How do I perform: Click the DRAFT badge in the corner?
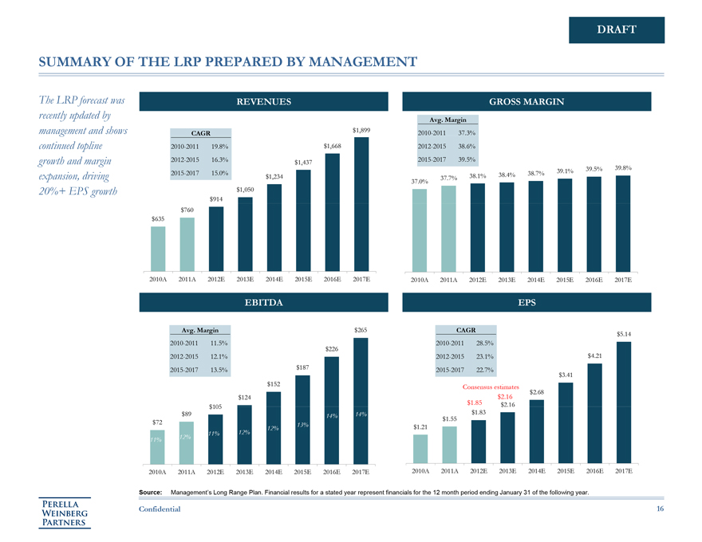pyautogui.click(x=616, y=29)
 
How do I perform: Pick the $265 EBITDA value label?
pyautogui.click(x=361, y=330)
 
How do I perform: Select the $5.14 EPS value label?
pyautogui.click(x=624, y=334)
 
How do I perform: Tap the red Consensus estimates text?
pyautogui.click(x=491, y=387)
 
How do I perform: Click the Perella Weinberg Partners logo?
pyautogui.click(x=65, y=513)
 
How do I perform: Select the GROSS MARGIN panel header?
pyautogui.click(x=534, y=101)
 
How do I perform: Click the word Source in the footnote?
pyautogui.click(x=155, y=493)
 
